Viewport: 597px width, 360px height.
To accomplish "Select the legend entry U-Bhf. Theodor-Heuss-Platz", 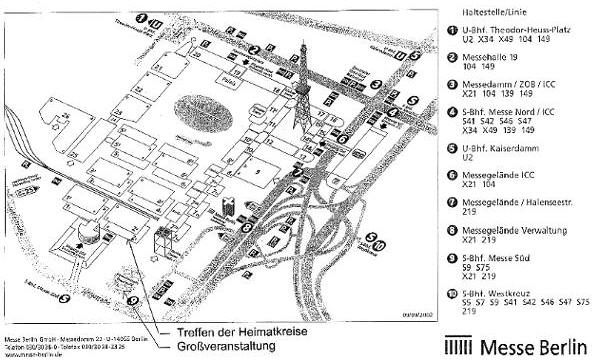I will [x=515, y=33].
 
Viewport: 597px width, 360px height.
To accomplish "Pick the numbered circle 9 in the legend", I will [x=452, y=262].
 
